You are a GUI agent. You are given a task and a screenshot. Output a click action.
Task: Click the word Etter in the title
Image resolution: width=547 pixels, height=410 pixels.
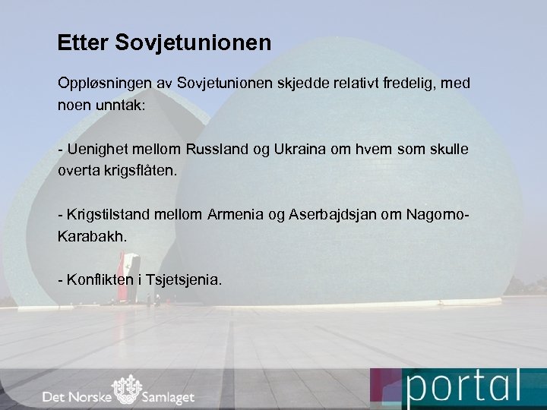[x=83, y=43]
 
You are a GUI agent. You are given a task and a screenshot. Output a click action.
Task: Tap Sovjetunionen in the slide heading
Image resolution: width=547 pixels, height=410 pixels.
[x=193, y=43]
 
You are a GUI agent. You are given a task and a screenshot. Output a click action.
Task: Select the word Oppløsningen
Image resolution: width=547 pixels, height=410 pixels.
[x=100, y=82]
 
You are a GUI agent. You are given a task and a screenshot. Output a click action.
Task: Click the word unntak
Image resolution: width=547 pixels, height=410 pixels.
[x=119, y=105]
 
